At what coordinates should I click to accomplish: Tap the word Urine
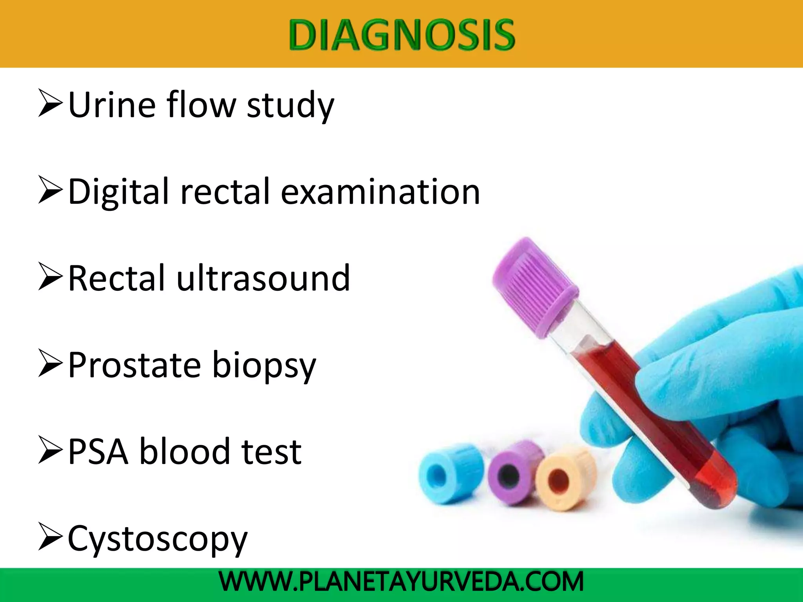(112, 105)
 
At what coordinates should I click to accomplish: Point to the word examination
(380, 192)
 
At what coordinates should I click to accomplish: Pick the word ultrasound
(263, 278)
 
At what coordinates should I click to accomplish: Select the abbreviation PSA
(98, 452)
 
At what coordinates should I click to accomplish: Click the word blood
(184, 452)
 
